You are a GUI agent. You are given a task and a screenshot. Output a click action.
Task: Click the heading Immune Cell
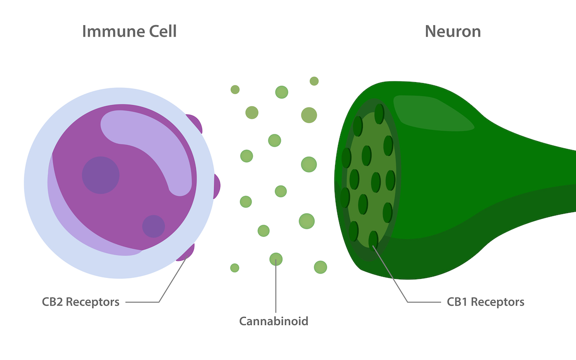[x=129, y=32]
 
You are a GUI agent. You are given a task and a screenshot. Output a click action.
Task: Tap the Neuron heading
[x=452, y=32]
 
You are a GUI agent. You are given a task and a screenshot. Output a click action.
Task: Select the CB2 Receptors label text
[x=81, y=302]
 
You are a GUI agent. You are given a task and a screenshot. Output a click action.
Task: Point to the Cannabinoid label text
[x=274, y=321]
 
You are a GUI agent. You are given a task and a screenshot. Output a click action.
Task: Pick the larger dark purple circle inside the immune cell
[x=100, y=175]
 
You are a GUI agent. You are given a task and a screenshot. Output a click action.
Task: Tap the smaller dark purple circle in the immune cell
[x=154, y=226]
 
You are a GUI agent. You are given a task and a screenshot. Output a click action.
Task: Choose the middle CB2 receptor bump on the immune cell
[x=216, y=186]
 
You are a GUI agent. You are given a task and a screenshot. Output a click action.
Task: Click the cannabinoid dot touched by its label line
[x=276, y=259]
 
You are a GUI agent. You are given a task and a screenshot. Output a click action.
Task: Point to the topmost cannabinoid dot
[x=314, y=81]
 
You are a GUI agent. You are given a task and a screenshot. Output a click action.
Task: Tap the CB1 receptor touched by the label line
[x=373, y=239]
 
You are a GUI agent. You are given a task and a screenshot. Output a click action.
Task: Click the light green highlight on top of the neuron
[x=432, y=113]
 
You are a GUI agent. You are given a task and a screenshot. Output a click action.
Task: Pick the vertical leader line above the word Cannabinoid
[x=276, y=288]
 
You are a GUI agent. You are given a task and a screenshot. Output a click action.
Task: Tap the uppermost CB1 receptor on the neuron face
[x=379, y=114]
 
